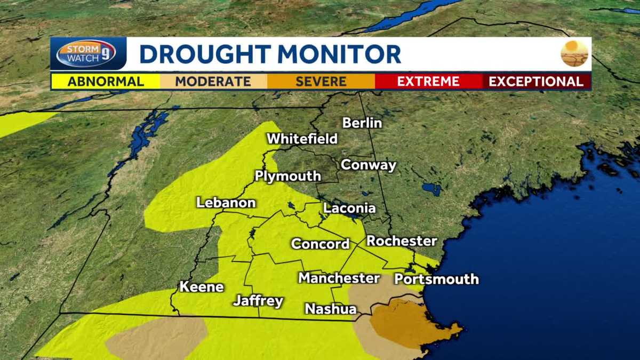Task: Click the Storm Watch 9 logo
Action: pyautogui.click(x=86, y=54)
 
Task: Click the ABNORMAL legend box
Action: pyautogui.click(x=105, y=82)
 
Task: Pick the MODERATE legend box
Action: pyautogui.click(x=213, y=82)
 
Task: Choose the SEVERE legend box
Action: pyautogui.click(x=321, y=82)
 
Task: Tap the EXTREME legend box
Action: pyautogui.click(x=428, y=82)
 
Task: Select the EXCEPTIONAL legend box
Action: pyautogui.click(x=536, y=82)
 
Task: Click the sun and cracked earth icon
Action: pyautogui.click(x=574, y=53)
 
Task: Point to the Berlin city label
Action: pyautogui.click(x=362, y=123)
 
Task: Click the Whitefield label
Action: pyautogui.click(x=302, y=139)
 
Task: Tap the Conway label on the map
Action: pyautogui.click(x=369, y=165)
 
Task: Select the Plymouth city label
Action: pyautogui.click(x=288, y=176)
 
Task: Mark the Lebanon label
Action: pyautogui.click(x=226, y=203)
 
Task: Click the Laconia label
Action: pyautogui.click(x=349, y=208)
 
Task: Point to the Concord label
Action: pyautogui.click(x=320, y=244)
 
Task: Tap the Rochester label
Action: pyautogui.click(x=402, y=241)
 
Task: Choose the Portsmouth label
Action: pyautogui.click(x=436, y=279)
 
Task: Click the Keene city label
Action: pyautogui.click(x=202, y=286)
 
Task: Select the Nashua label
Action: pyautogui.click(x=330, y=309)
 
